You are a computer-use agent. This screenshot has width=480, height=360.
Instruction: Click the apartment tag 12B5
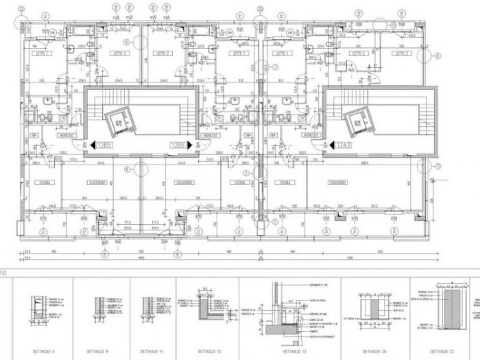(x=104, y=145)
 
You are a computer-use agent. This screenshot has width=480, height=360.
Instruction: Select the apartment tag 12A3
(x=345, y=145)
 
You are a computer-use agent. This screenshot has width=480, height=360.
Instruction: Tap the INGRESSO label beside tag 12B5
(x=75, y=136)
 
